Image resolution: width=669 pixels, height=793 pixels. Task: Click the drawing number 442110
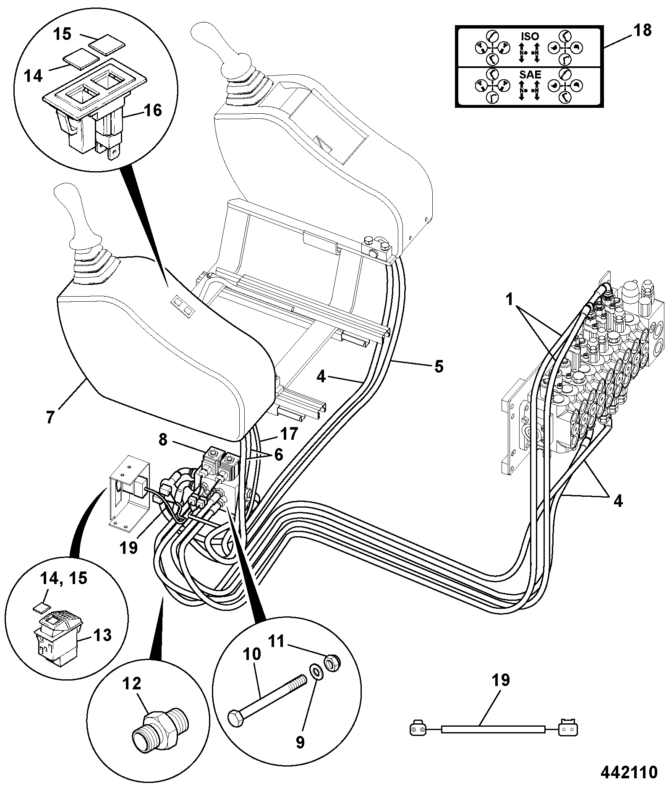(x=628, y=772)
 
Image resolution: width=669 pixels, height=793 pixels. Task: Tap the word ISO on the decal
(x=530, y=37)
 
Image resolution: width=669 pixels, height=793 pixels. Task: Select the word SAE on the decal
(x=530, y=75)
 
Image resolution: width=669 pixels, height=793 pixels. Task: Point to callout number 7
(x=50, y=418)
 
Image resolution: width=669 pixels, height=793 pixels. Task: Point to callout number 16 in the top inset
(x=152, y=111)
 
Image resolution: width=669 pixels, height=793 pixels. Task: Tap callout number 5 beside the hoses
(x=439, y=366)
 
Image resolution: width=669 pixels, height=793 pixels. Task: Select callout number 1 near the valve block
(x=509, y=300)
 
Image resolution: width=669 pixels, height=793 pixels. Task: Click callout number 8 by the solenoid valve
(x=163, y=440)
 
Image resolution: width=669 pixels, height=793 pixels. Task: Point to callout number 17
(x=289, y=433)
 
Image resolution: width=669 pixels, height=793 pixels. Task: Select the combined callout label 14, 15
(x=64, y=578)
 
